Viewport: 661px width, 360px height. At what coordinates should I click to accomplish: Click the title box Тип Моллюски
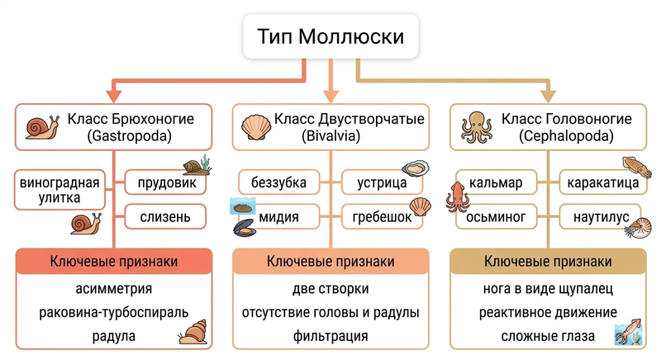click(x=330, y=36)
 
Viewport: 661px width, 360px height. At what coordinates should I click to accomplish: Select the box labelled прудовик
click(x=166, y=182)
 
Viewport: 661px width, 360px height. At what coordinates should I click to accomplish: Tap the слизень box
click(x=166, y=217)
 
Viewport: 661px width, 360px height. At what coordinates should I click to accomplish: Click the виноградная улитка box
click(x=59, y=190)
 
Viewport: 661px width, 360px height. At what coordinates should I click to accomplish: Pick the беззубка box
click(x=278, y=182)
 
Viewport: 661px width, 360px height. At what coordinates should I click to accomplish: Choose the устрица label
click(x=382, y=182)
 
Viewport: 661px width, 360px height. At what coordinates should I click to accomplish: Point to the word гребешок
click(x=382, y=217)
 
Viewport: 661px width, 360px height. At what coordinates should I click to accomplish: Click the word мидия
click(x=278, y=217)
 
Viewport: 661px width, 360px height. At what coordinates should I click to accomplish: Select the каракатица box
click(x=603, y=182)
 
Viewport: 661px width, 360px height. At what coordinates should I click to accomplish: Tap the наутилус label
click(x=602, y=217)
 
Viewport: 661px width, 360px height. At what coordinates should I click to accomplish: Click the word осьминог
click(x=496, y=217)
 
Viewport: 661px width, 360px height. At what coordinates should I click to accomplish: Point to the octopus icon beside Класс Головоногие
click(x=477, y=126)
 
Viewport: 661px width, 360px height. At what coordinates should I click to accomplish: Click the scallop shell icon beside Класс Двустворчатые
click(x=256, y=127)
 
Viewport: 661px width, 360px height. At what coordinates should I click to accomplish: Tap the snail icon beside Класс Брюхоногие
click(x=42, y=127)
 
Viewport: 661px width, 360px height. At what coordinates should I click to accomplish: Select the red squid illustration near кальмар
click(x=457, y=197)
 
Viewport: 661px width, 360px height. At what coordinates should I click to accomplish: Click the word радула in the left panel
click(x=114, y=336)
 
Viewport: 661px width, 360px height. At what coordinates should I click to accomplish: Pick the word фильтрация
click(x=330, y=336)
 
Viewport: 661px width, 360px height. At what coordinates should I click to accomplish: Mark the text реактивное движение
click(x=548, y=312)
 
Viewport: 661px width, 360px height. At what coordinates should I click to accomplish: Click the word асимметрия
click(x=114, y=289)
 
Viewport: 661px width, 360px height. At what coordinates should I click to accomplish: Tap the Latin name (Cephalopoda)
click(x=566, y=136)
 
